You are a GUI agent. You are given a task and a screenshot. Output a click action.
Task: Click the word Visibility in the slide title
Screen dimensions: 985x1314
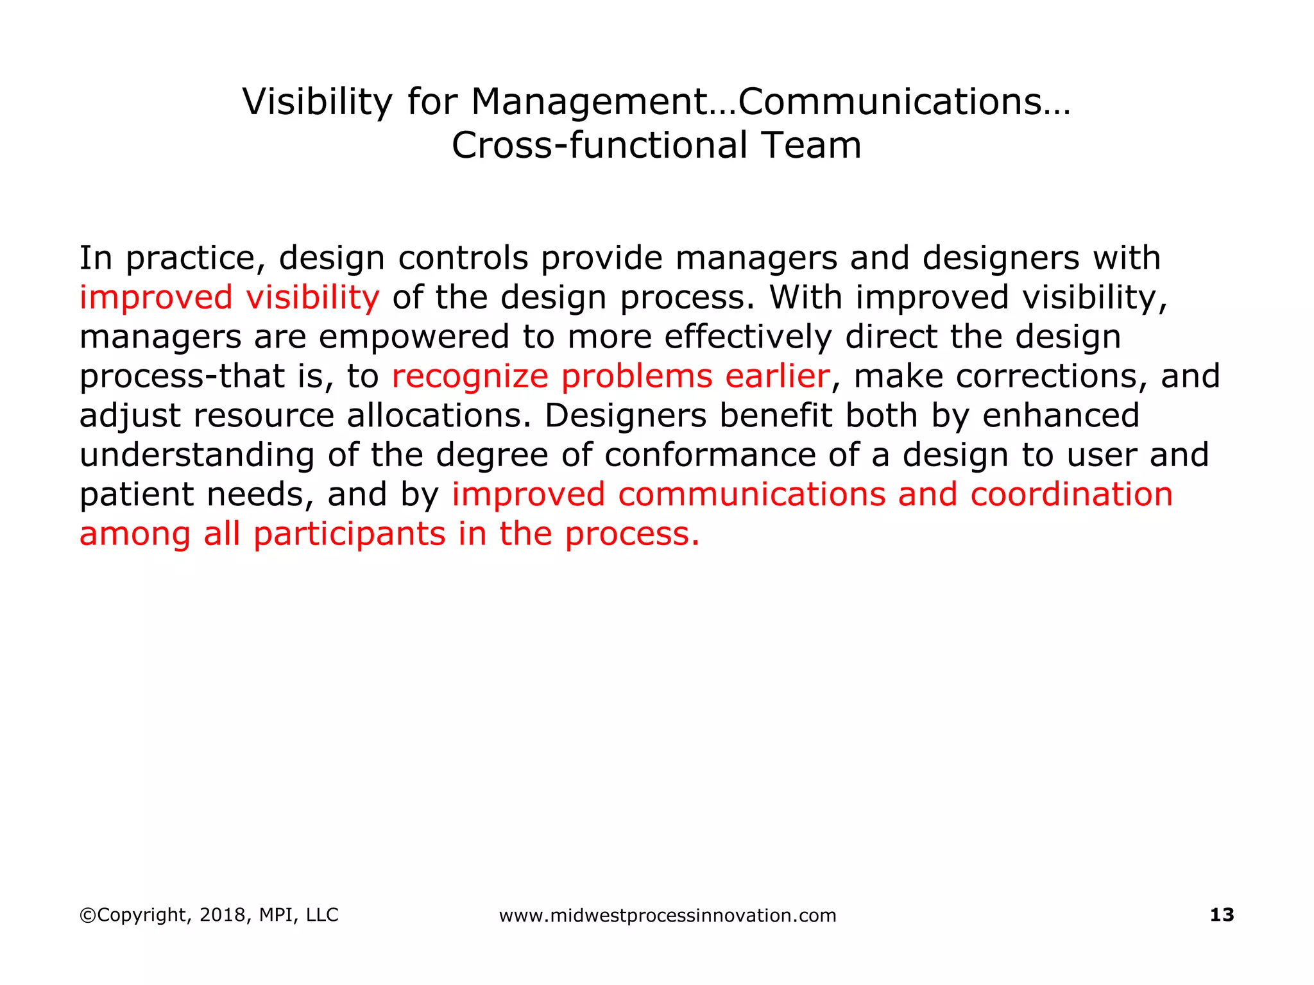(317, 102)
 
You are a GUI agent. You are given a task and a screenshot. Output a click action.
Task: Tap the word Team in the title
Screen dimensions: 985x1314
(811, 146)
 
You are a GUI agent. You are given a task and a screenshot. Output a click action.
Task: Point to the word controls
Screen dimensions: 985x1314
(463, 258)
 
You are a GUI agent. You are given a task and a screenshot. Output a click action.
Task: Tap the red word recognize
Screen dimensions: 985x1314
(470, 377)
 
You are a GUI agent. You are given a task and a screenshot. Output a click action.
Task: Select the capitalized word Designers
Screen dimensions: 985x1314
(626, 416)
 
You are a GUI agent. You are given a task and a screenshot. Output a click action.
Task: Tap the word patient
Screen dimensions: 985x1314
(137, 496)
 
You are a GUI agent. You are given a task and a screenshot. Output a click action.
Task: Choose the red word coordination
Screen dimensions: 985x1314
(1071, 495)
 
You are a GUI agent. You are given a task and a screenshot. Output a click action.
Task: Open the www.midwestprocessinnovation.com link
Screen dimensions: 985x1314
(667, 916)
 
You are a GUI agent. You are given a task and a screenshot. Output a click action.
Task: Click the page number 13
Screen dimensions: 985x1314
(1222, 915)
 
